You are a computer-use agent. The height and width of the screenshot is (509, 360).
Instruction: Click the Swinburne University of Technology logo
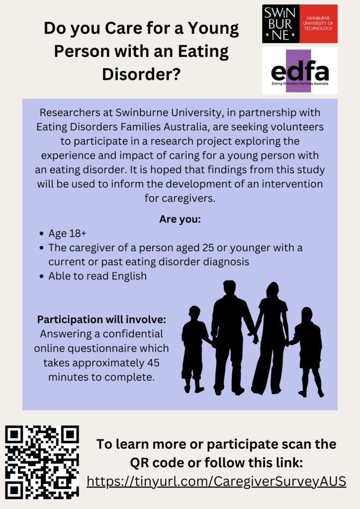coord(300,24)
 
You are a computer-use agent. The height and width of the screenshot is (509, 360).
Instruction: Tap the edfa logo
coord(300,71)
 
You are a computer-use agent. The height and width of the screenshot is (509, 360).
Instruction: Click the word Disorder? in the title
coord(141,75)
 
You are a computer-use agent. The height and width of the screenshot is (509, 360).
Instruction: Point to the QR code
coord(42,462)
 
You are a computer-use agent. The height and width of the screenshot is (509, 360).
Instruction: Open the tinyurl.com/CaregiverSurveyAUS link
coord(216,481)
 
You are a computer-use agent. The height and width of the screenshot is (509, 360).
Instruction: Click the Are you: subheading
coord(180,219)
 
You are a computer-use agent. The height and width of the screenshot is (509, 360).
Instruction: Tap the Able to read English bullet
coord(97,276)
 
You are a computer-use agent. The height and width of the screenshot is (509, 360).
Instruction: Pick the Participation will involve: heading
coord(101,320)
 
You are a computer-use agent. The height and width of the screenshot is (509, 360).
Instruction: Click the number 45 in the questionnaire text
coord(153,362)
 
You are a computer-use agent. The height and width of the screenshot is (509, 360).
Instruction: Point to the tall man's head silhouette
coord(230,288)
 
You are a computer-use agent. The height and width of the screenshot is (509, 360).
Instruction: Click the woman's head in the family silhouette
coord(272,290)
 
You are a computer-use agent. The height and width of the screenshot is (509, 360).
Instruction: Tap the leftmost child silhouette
coord(195,349)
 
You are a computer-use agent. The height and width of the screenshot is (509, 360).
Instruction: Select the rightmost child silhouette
coord(307,352)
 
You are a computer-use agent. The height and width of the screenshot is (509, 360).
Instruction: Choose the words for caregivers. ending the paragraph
coord(180,198)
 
